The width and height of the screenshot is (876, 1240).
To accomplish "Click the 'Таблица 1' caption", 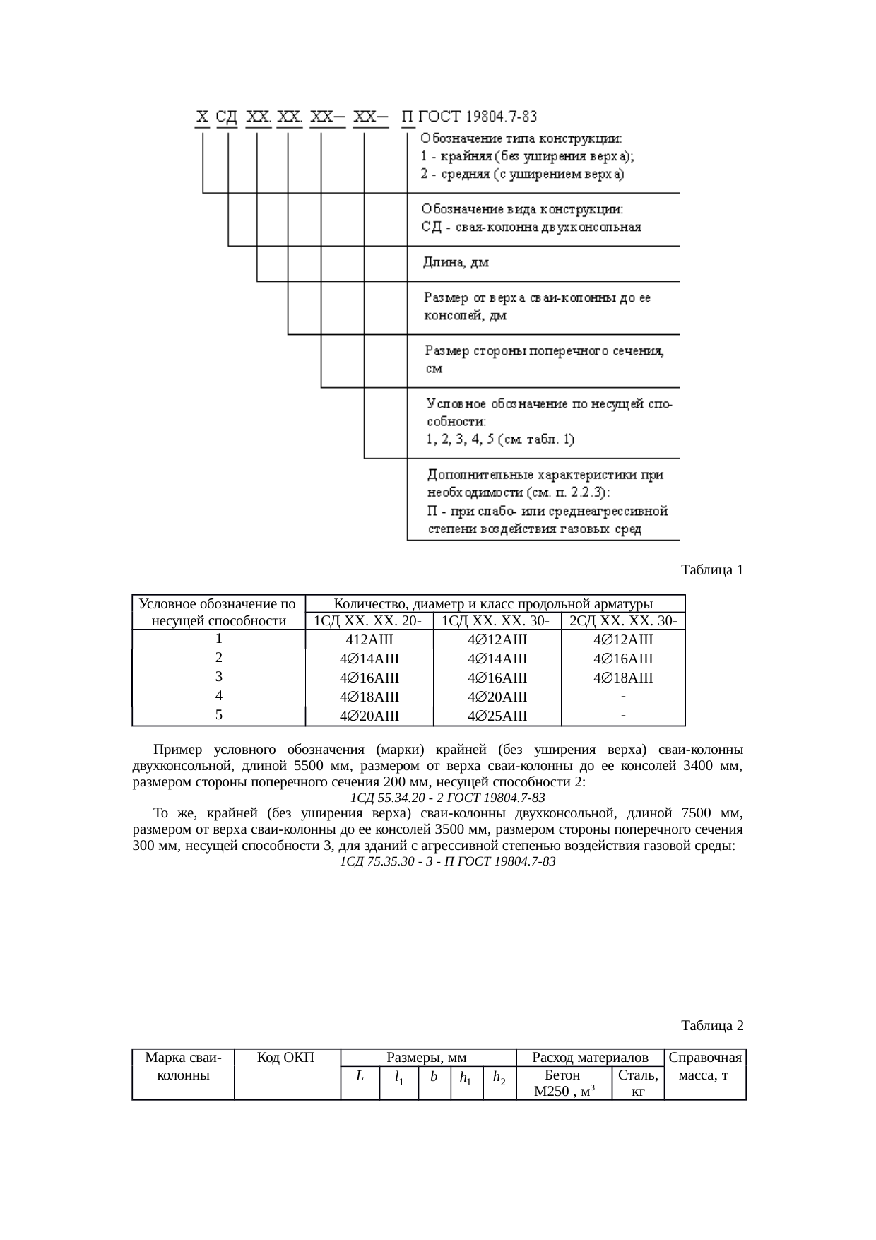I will coord(711,569).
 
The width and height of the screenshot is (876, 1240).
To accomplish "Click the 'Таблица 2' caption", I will coord(711,1025).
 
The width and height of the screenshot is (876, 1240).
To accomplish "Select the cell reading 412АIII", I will coord(369,640).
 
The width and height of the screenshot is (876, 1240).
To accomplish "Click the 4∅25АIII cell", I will coord(497,716).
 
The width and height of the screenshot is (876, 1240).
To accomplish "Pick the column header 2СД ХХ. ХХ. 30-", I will coord(623,621).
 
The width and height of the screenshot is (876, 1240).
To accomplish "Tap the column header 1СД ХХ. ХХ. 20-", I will coord(368,621).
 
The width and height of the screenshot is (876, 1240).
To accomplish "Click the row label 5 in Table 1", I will coord(219,714).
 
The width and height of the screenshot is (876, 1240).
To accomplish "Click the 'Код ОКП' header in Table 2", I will coord(286,1058).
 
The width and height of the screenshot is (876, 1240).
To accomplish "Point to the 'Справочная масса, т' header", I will coord(705,1066).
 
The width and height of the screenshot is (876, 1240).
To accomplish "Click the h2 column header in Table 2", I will coord(499,1078).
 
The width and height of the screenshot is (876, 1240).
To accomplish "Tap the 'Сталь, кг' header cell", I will coord(638,1083).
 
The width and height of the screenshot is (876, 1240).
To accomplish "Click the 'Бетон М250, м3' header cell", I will coord(563,1083).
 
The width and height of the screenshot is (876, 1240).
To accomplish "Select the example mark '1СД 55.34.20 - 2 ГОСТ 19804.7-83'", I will coord(447,798).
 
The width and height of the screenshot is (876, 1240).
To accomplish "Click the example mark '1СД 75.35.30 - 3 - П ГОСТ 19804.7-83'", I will coord(447,861).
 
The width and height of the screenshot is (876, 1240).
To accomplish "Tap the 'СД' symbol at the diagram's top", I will coord(227,117).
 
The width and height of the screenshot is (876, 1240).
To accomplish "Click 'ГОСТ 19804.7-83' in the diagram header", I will coord(478,117).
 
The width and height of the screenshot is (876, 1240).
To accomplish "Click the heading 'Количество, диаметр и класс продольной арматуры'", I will coord(492,604).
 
